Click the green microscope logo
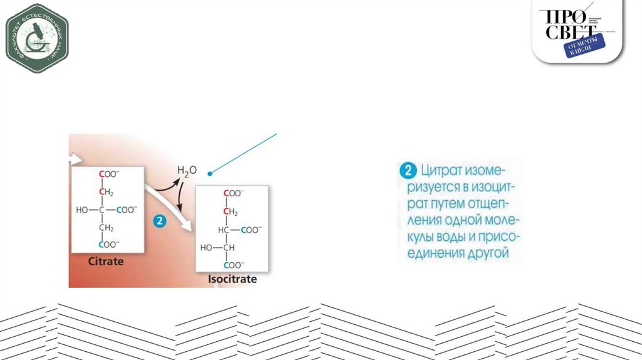37,38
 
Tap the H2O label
186,171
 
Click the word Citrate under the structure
106,261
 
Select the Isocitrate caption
233,279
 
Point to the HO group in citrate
82,210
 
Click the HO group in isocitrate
207,248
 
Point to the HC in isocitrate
224,230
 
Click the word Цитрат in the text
442,171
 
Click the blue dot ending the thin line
210,172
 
